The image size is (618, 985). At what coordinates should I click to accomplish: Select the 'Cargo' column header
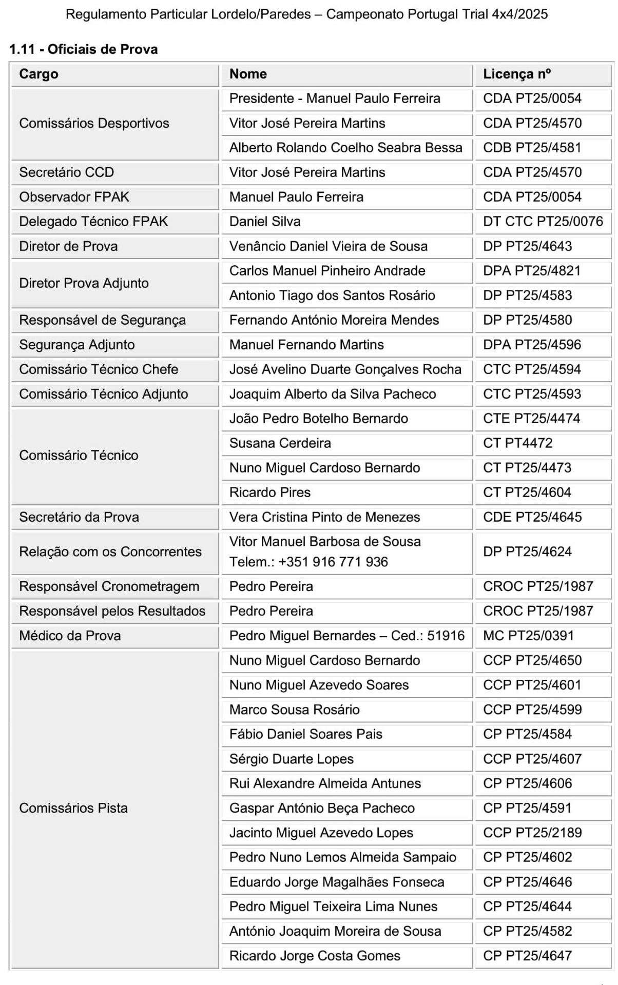(x=38, y=74)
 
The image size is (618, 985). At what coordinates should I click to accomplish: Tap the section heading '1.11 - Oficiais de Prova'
(x=84, y=49)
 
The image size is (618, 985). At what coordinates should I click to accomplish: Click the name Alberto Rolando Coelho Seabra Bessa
(x=345, y=148)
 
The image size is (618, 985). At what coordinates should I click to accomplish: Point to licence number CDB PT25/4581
(x=532, y=148)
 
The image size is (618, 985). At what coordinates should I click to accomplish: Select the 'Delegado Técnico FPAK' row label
(x=93, y=222)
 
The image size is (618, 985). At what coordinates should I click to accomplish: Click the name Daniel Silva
(x=265, y=222)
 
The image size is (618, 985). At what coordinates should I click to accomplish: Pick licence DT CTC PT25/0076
(x=543, y=222)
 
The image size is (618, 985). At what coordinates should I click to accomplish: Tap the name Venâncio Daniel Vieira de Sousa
(x=328, y=246)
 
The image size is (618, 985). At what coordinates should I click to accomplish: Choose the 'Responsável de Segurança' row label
(x=102, y=320)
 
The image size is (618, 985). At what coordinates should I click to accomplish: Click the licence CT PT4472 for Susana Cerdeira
(x=518, y=443)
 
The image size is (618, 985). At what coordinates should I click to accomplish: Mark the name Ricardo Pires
(x=270, y=493)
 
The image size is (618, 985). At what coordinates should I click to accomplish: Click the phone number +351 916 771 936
(x=333, y=562)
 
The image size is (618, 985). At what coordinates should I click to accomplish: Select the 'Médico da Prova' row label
(x=70, y=636)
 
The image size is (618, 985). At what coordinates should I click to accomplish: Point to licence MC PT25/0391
(x=529, y=636)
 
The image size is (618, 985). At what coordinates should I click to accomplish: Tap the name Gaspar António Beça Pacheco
(x=322, y=809)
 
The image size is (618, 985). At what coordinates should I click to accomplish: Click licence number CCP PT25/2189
(x=532, y=833)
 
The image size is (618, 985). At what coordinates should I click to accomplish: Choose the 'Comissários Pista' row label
(x=73, y=809)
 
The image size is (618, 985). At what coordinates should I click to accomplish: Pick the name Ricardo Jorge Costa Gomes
(x=315, y=956)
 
